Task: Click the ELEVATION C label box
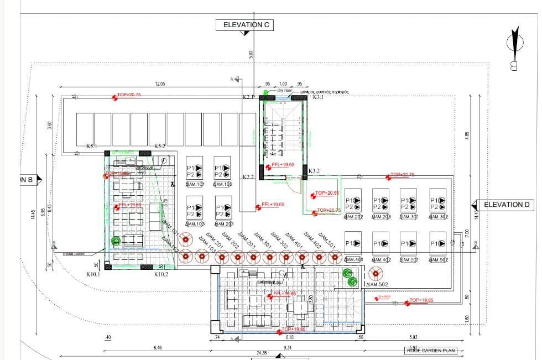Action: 246,25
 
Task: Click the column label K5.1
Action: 92,147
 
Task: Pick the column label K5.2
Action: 160,147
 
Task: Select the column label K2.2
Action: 248,177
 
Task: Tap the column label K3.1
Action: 319,97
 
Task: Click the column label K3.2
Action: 314,171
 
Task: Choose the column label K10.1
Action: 92,274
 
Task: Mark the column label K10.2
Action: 161,274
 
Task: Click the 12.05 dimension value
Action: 160,84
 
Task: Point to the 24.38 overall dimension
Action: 262,353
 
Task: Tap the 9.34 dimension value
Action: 288,348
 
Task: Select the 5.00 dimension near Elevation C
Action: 251,54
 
